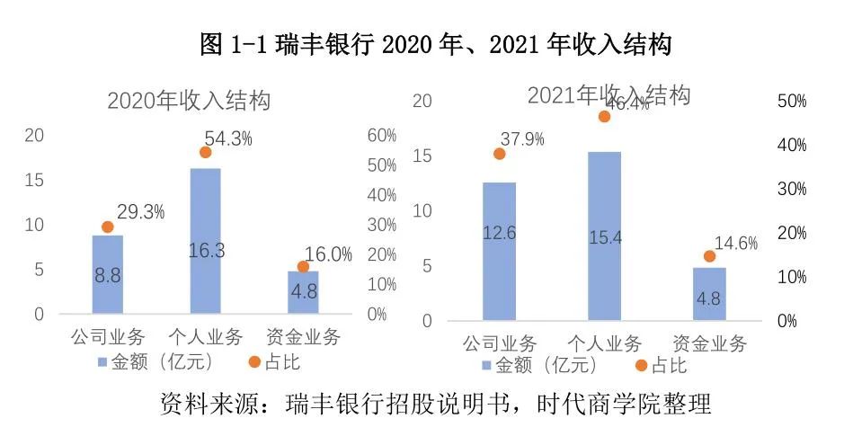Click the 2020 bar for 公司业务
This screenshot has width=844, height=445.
tap(107, 274)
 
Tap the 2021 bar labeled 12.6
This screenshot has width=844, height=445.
tap(499, 252)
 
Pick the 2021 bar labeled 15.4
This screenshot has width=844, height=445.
tap(604, 236)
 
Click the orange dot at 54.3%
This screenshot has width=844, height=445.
tap(205, 152)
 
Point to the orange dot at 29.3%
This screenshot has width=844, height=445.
tap(108, 227)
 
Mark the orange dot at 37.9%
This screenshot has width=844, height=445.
tap(500, 154)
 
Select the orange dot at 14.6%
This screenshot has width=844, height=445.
tap(709, 256)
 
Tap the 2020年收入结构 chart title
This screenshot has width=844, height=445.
tap(189, 100)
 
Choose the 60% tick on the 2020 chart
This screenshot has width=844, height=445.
tap(382, 136)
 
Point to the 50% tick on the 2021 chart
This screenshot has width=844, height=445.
tap(791, 102)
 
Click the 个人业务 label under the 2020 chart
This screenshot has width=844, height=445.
tap(206, 338)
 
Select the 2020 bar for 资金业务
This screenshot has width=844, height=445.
tap(303, 292)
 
